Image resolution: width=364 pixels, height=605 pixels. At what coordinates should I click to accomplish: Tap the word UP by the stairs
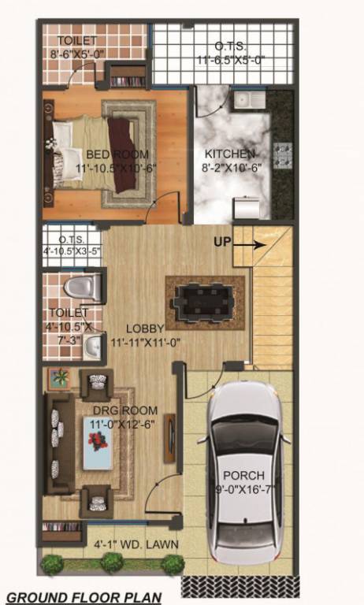pyautogui.click(x=222, y=243)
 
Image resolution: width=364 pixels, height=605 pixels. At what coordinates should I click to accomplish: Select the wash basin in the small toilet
pyautogui.click(x=92, y=343)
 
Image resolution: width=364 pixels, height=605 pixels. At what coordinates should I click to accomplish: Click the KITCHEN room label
pyautogui.click(x=230, y=153)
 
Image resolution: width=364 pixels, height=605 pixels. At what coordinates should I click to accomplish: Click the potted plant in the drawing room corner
pyautogui.click(x=59, y=377)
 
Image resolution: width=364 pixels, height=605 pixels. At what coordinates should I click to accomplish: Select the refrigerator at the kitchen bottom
pyautogui.click(x=247, y=207)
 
